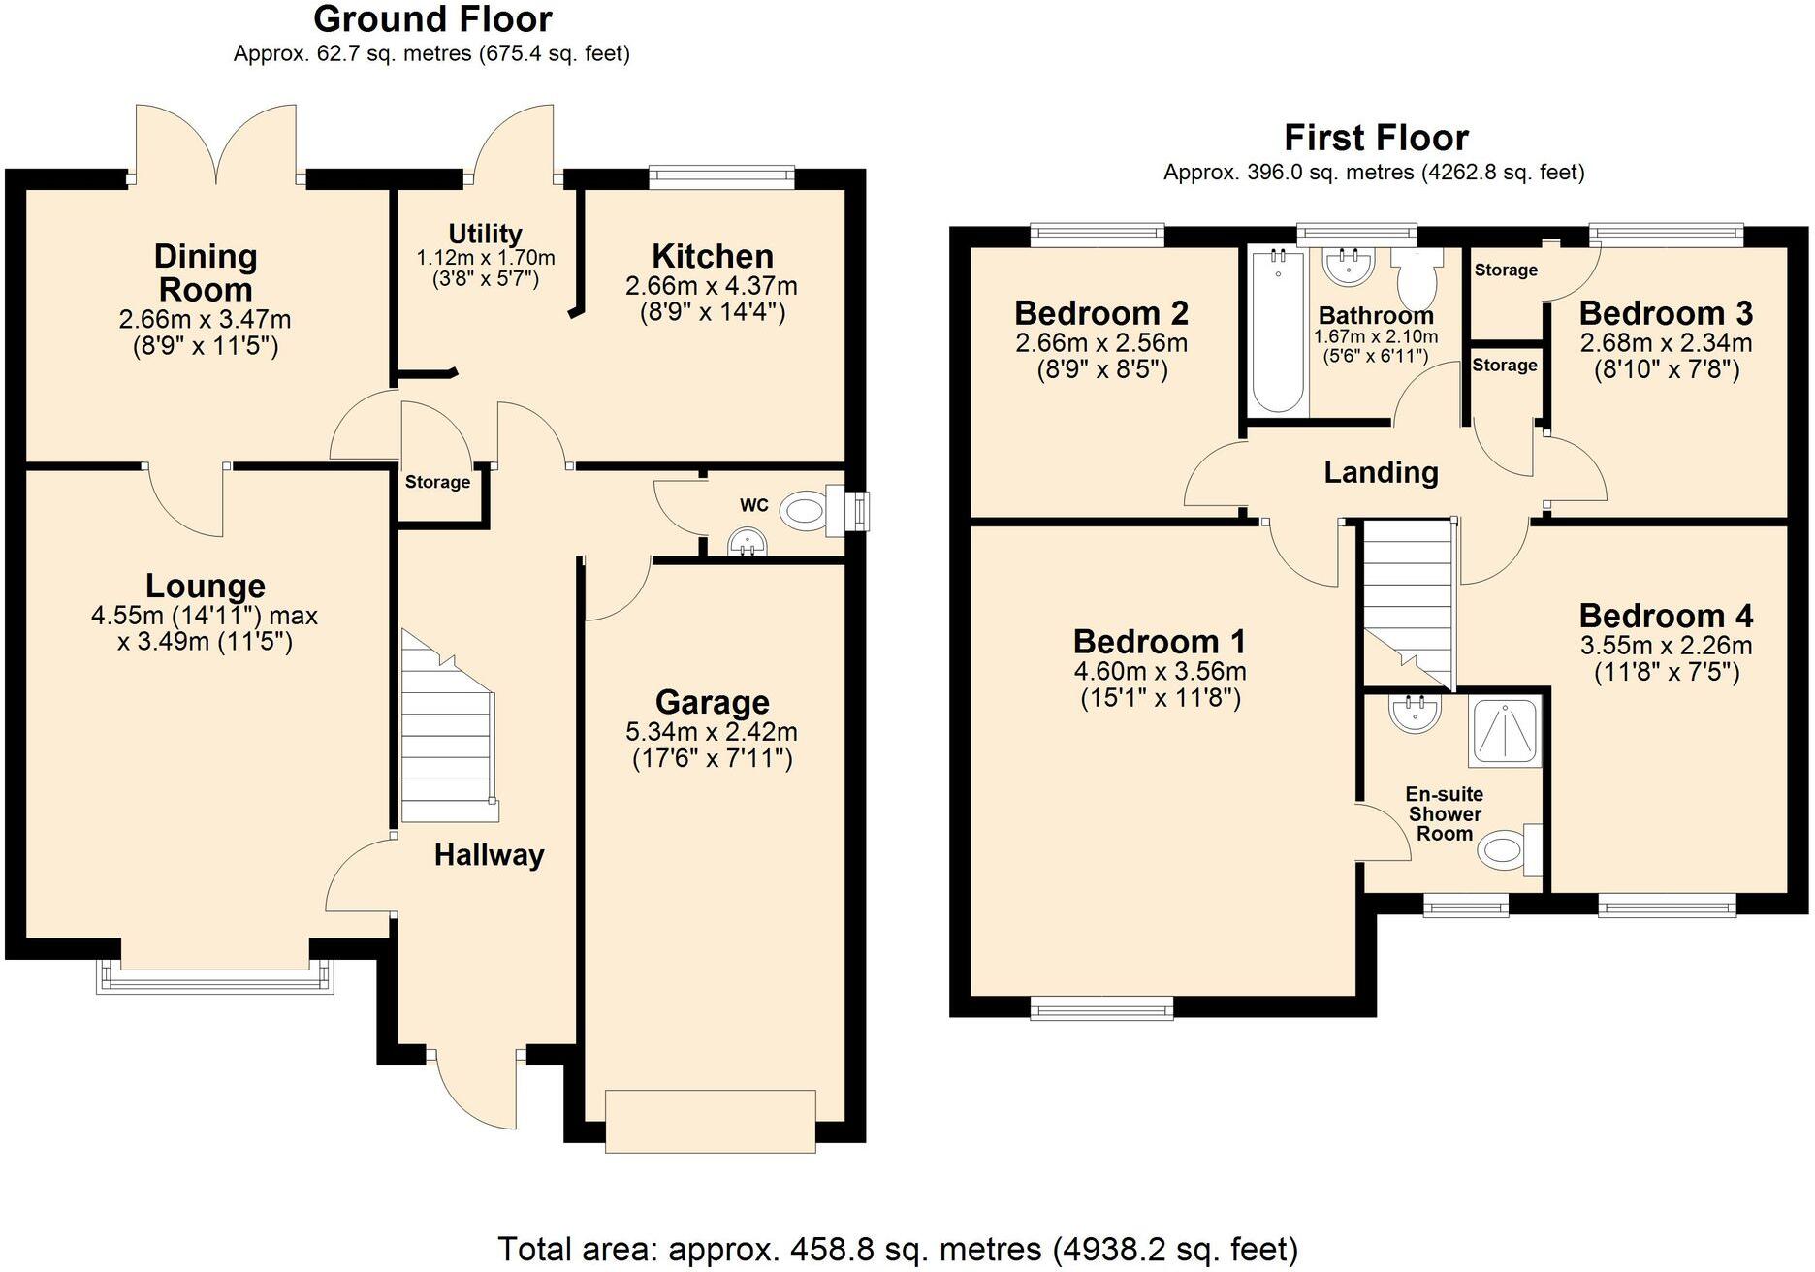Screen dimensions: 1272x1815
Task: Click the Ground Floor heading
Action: pos(432,19)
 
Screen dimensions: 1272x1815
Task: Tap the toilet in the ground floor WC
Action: pos(809,510)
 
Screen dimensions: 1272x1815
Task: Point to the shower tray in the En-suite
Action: pos(1506,732)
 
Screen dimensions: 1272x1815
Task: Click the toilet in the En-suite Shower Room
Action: pos(1506,850)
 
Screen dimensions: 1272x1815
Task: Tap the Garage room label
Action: pos(712,702)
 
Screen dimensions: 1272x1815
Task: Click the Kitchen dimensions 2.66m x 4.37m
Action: pos(712,286)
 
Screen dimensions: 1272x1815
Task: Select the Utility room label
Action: pos(485,234)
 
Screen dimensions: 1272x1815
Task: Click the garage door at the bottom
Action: pos(711,1122)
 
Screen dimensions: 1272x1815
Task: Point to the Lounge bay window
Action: pos(215,977)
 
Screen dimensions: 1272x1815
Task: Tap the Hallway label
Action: pos(489,855)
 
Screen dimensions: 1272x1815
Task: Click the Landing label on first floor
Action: pos(1381,473)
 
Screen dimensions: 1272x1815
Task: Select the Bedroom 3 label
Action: pos(1666,313)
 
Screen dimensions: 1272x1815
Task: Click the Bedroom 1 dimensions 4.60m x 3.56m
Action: pos(1160,671)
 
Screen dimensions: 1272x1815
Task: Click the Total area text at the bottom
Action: pos(897,1249)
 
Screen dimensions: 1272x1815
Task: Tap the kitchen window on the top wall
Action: pos(720,175)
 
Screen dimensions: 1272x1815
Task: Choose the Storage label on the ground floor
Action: pos(437,482)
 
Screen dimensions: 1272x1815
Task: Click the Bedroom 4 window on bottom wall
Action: pos(1667,907)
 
